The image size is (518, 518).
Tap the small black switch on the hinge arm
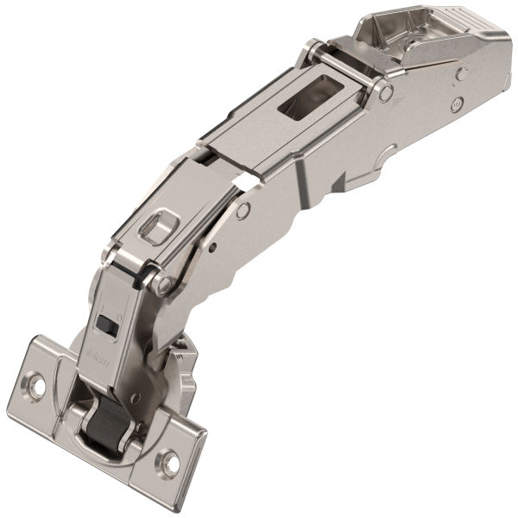click(108, 325)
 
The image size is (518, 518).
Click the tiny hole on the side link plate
click(212, 247)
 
